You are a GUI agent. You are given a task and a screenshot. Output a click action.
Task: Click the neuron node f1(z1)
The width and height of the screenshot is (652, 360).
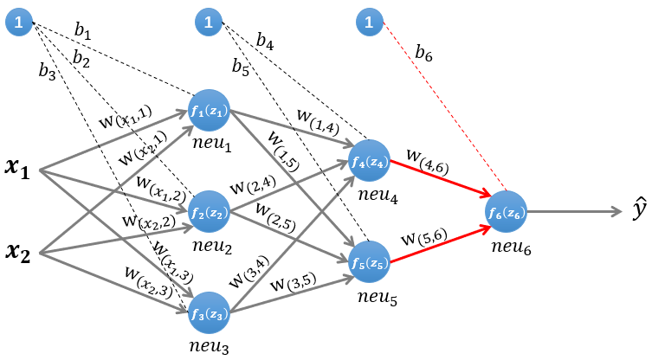pyautogui.click(x=209, y=111)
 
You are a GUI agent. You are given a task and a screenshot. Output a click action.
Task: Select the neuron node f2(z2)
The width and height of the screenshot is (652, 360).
pyautogui.click(x=209, y=211)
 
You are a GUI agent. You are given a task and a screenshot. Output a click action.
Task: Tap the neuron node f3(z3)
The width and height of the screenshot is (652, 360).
pyautogui.click(x=209, y=312)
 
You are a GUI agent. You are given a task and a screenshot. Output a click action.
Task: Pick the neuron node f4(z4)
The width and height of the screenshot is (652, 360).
pyautogui.click(x=370, y=161)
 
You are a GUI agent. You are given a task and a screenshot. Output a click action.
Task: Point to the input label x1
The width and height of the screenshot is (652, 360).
pyautogui.click(x=16, y=170)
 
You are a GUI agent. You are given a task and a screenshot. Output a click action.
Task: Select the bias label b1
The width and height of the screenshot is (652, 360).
pyautogui.click(x=82, y=32)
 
